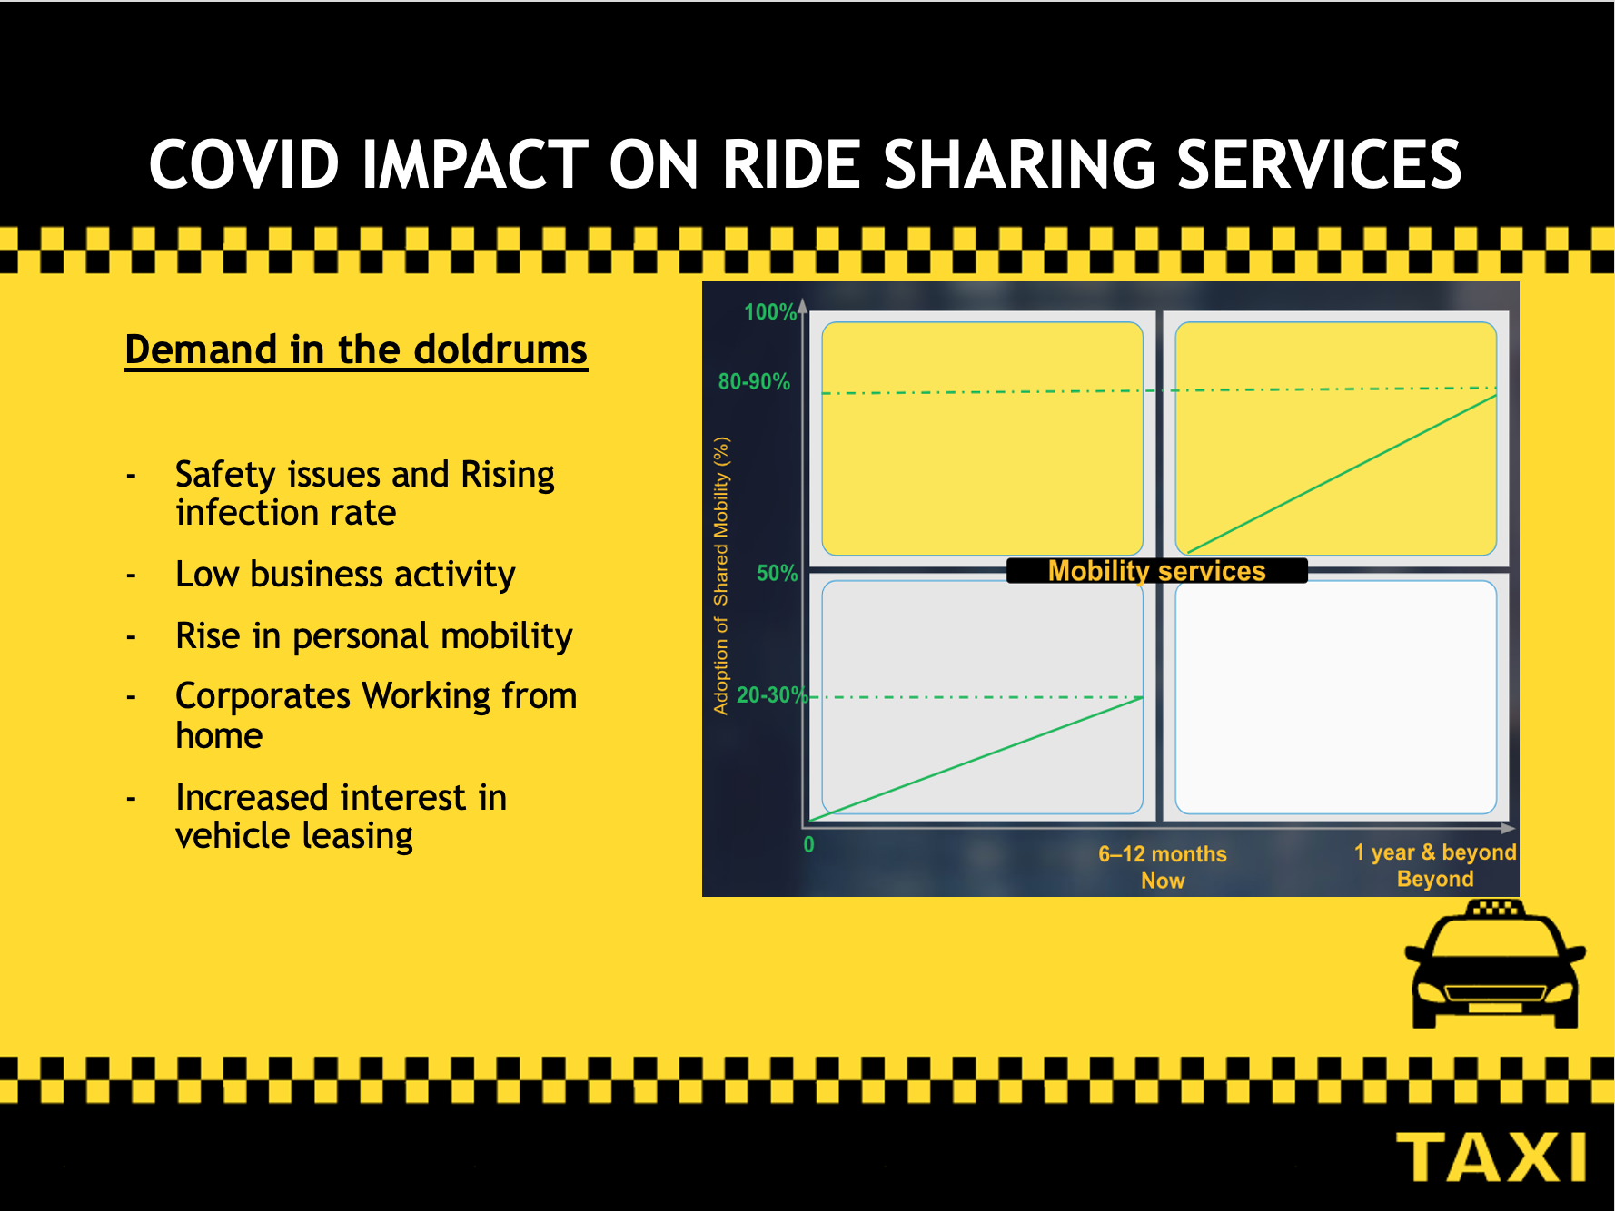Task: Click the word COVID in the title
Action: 244,165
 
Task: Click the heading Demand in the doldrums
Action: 356,350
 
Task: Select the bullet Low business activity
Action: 345,575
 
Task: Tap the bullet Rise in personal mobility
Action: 373,636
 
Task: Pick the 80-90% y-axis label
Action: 754,381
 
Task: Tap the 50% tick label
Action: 777,574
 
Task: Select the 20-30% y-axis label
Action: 771,695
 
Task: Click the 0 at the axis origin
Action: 808,845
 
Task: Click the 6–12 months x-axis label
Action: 1163,854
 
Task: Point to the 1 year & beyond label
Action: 1435,852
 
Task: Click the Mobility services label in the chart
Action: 1156,571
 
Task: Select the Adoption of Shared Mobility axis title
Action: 721,576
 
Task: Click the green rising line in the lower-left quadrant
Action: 976,759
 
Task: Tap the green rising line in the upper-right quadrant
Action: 1342,474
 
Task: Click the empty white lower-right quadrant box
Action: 1335,697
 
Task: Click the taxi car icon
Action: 1495,964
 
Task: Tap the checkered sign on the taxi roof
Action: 1495,908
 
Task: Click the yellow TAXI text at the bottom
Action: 1491,1157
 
